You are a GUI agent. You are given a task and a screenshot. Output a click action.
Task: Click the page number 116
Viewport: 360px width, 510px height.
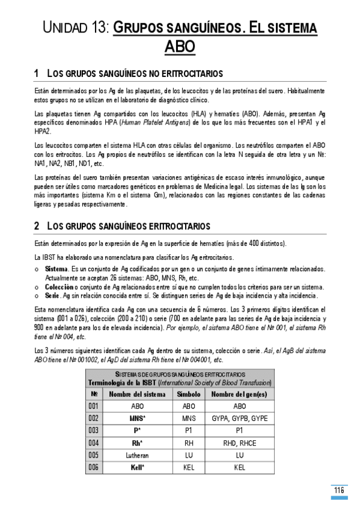(x=340, y=490)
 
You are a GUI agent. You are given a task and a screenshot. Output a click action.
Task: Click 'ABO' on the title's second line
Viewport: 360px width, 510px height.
(x=180, y=47)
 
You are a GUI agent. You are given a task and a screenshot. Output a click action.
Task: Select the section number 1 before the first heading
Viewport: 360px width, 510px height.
(x=37, y=73)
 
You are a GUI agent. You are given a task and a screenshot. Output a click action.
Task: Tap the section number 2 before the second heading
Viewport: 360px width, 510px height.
(x=37, y=226)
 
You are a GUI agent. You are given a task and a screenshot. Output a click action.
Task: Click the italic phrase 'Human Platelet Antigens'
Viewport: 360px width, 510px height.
(x=159, y=122)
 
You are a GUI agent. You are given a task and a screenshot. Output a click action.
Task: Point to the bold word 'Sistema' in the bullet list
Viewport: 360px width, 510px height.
(x=56, y=268)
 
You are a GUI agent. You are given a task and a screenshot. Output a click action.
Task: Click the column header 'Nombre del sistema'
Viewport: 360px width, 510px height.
(x=137, y=394)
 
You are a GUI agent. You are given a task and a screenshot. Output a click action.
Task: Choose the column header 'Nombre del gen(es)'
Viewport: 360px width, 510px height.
(x=240, y=394)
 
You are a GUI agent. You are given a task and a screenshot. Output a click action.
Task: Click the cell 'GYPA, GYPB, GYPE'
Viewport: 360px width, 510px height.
(x=240, y=418)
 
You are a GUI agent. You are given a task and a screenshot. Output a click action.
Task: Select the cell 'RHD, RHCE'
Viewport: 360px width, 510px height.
(x=240, y=442)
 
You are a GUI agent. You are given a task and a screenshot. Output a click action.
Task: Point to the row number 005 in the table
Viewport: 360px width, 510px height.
(x=93, y=455)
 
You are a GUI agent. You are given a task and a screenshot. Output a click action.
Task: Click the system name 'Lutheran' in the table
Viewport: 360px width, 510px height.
(x=137, y=455)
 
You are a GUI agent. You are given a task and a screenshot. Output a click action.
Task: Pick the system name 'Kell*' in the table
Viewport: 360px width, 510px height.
(x=137, y=467)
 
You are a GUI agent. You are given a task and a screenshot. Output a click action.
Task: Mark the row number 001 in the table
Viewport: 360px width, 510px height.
(x=93, y=406)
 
